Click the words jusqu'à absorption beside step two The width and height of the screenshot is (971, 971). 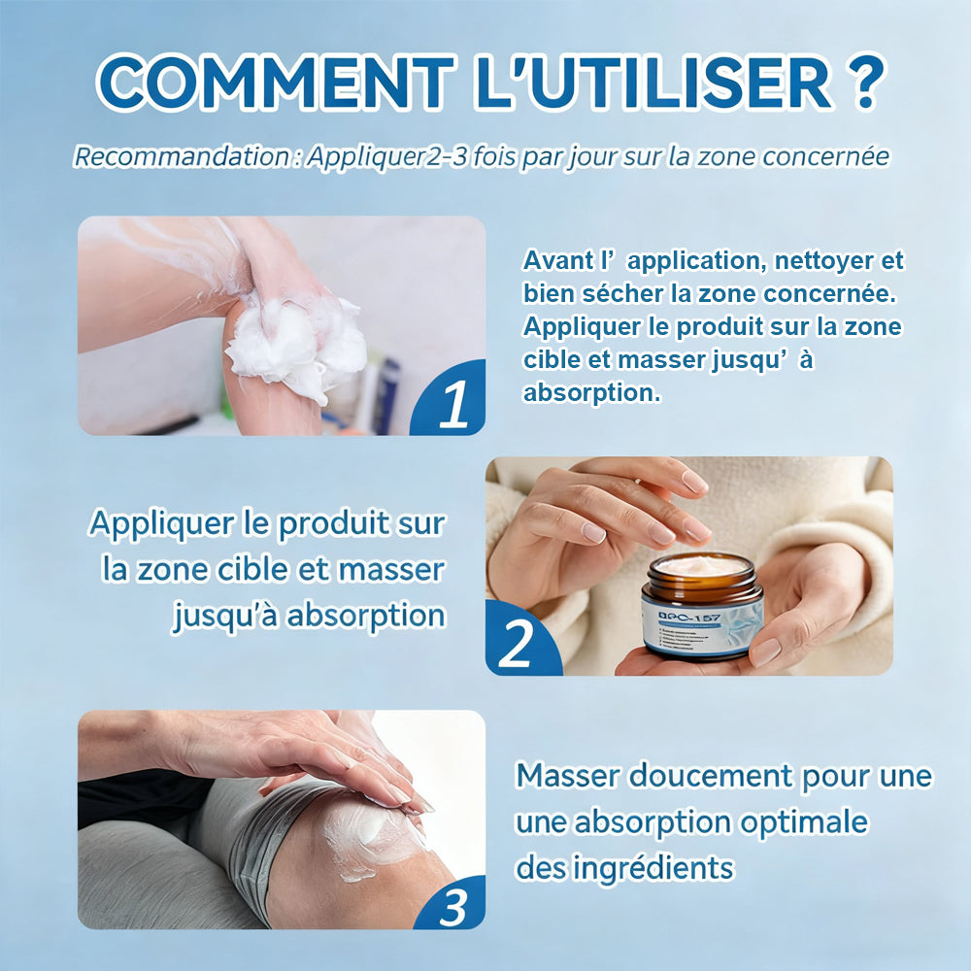(x=309, y=615)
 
